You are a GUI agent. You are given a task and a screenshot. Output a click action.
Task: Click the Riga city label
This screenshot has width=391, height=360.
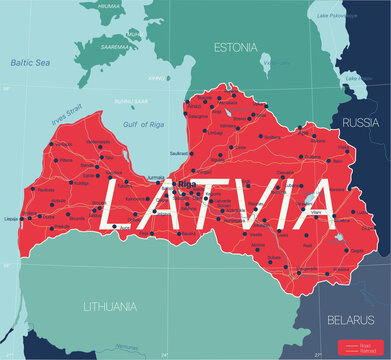[x=186, y=186]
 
